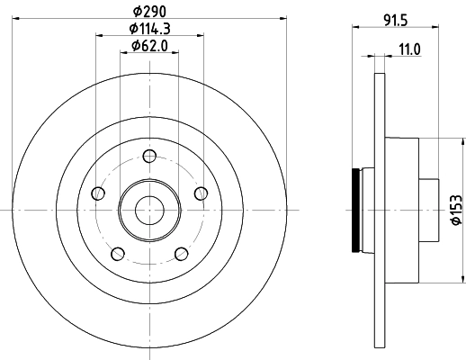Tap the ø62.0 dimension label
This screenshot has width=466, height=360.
pos(148,46)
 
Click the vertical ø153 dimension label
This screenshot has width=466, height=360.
pos(456,208)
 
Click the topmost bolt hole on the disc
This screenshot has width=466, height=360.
pos(148,156)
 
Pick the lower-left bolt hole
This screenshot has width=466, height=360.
pos(117,253)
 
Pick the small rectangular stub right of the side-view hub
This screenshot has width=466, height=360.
pos(430,209)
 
